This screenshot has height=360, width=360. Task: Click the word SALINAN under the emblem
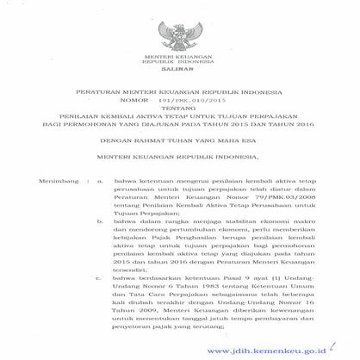tap(180, 75)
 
